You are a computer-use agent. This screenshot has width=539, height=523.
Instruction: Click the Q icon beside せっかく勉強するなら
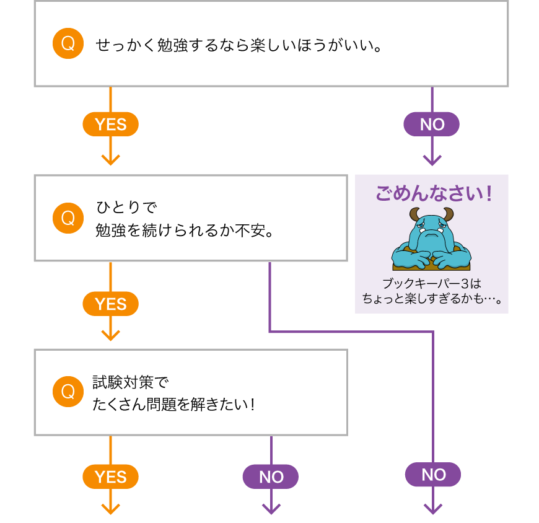click(68, 44)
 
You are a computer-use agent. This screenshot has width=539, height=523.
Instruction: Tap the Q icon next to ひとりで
click(68, 218)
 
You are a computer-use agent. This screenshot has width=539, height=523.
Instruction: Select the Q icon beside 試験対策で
click(68, 392)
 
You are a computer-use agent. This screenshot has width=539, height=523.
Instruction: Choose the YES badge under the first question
click(110, 125)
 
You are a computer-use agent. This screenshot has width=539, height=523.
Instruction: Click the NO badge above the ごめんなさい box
click(432, 125)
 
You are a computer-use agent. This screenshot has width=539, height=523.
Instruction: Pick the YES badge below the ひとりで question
click(110, 304)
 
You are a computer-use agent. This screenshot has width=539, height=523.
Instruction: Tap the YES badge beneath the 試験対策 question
click(110, 477)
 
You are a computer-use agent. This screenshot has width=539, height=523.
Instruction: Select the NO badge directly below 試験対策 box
click(271, 477)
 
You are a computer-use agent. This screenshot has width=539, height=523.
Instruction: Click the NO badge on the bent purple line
click(433, 475)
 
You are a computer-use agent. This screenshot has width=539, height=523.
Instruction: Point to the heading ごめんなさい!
click(432, 193)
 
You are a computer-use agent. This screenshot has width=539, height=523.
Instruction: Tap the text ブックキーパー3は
click(431, 284)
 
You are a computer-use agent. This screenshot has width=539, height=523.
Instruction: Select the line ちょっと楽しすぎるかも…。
click(431, 299)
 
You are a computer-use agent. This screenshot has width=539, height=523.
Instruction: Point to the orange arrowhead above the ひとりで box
click(110, 160)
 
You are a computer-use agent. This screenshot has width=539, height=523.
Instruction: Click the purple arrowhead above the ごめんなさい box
click(432, 160)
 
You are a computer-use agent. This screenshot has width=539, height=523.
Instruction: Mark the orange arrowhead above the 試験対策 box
click(110, 335)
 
